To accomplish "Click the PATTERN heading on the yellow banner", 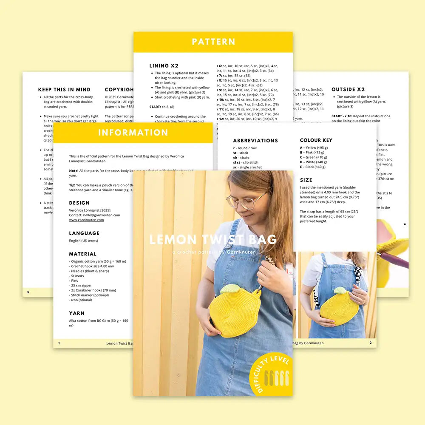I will click(213, 42).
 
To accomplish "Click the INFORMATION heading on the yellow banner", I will click(133, 133).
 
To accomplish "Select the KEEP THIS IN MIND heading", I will click(64, 90).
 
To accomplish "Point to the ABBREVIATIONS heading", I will click(255, 141).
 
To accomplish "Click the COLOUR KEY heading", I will click(316, 140).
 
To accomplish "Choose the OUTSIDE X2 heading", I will click(348, 90).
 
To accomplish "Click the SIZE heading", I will click(306, 180).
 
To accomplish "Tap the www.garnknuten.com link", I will click(86, 220).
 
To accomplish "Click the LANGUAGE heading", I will click(84, 233).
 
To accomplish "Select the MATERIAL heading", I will click(83, 254).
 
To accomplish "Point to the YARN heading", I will click(77, 313).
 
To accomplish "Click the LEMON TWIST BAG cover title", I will click(213, 240).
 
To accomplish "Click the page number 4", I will click(405, 224).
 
